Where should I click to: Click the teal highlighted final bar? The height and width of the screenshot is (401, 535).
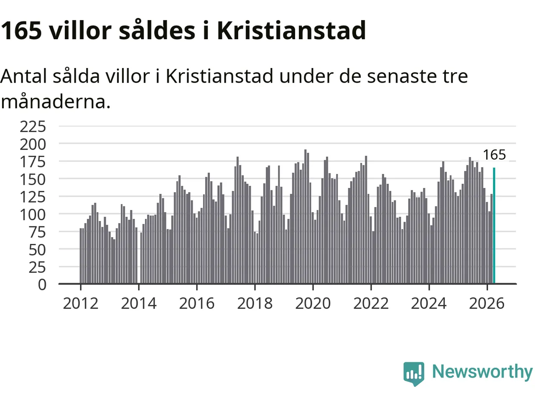click(x=494, y=226)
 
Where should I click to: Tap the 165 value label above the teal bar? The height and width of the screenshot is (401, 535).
click(x=494, y=155)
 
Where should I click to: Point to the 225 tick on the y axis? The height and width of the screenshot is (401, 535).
click(x=33, y=127)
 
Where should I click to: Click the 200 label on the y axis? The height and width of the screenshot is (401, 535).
click(x=33, y=145)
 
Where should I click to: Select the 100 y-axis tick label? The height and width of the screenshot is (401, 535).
click(x=33, y=215)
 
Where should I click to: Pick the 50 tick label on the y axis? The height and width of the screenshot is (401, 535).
click(x=37, y=250)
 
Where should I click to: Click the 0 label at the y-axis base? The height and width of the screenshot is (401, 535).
click(x=42, y=284)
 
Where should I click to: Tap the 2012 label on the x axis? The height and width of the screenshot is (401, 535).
click(x=81, y=304)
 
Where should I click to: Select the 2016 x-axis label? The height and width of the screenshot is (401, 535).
click(x=197, y=304)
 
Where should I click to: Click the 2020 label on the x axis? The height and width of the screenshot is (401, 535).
click(x=313, y=304)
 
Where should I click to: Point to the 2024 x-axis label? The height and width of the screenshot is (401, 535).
click(x=429, y=304)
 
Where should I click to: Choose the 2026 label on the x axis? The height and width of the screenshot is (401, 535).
click(x=487, y=304)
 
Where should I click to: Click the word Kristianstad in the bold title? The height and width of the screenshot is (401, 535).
click(x=291, y=30)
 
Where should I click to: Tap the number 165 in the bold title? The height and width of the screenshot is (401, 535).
click(x=21, y=30)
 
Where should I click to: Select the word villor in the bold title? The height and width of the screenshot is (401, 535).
click(x=80, y=30)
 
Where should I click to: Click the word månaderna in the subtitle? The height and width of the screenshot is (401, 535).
click(x=56, y=102)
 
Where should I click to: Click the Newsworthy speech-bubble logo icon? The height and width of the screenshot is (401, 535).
click(x=414, y=373)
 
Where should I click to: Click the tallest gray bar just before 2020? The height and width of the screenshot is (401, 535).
click(x=306, y=216)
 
